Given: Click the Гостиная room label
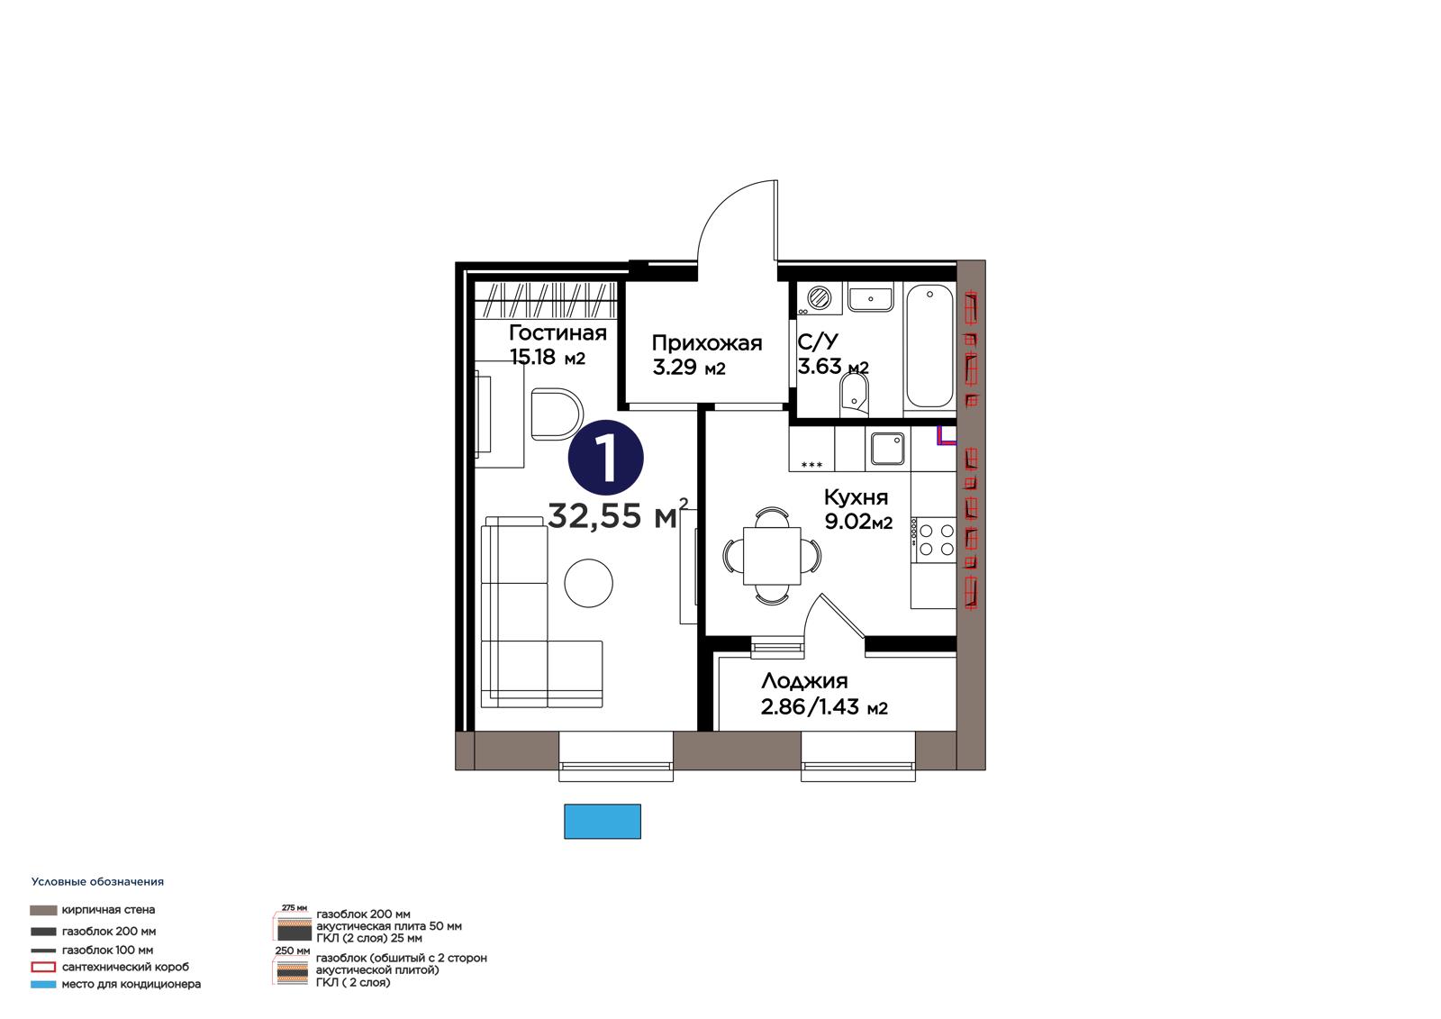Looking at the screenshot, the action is click(557, 333).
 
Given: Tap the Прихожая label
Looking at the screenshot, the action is click(706, 344).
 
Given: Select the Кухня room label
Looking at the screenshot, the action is click(856, 497).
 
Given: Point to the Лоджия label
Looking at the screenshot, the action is click(804, 681).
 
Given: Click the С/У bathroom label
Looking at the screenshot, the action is click(819, 341).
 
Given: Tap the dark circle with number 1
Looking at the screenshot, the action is click(605, 459).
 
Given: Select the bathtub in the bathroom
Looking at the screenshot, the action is click(929, 347).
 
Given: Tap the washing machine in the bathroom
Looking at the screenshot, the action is click(819, 298).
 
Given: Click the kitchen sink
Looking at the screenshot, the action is click(888, 449).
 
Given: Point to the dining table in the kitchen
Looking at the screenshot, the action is click(772, 556).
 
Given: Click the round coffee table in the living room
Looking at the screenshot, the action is click(588, 583).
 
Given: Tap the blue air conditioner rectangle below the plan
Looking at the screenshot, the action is click(603, 822).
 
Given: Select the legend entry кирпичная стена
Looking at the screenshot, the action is click(93, 910).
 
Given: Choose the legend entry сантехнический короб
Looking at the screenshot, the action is click(110, 967).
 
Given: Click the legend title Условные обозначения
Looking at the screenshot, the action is click(98, 882).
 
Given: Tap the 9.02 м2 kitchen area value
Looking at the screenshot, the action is click(858, 522).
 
